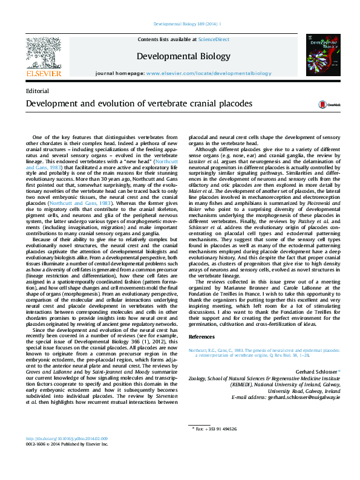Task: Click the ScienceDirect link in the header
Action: [x=214, y=39]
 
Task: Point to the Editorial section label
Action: [x=38, y=91]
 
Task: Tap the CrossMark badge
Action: [x=315, y=105]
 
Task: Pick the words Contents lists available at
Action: [x=168, y=39]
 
